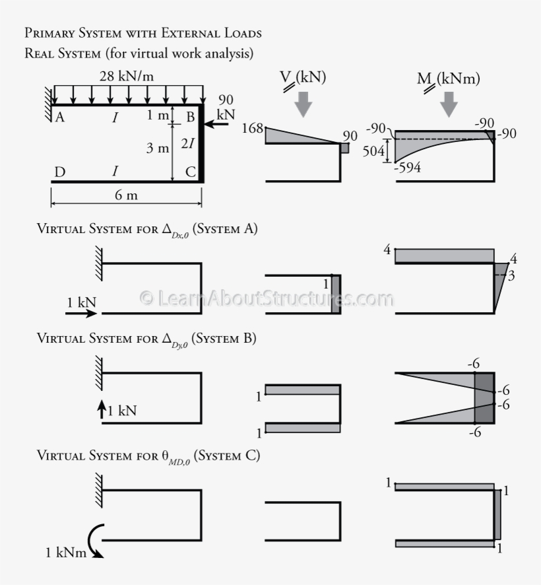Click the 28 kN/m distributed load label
coord(127,76)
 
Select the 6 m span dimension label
coord(126,196)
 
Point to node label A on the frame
coord(59,118)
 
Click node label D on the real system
coord(59,172)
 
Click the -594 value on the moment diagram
coord(407,168)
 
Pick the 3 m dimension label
coord(157,148)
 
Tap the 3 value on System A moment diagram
coord(511,275)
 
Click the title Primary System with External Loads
coord(143,32)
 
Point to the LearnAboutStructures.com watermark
coord(267,298)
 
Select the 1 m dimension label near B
coord(158,116)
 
